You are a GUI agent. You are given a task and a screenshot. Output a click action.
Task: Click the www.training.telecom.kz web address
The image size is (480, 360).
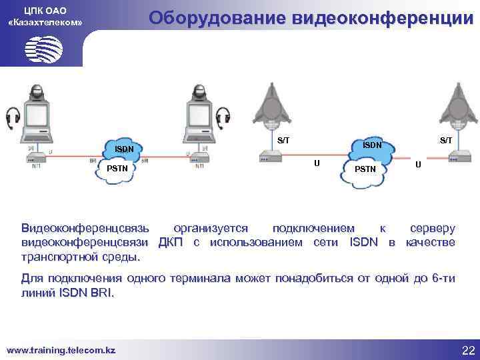(x=60, y=350)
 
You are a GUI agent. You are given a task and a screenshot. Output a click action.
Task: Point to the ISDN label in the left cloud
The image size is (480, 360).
(x=123, y=148)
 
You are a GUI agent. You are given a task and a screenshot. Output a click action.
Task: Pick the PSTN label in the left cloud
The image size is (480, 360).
(x=117, y=168)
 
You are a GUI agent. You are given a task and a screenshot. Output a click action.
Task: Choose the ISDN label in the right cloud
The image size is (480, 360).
(x=372, y=145)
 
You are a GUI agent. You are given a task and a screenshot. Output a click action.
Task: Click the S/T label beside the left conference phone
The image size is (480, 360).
(x=283, y=140)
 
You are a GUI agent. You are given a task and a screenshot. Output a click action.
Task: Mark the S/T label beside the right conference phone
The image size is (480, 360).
(x=445, y=140)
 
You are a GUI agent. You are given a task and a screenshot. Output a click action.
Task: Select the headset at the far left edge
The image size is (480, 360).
(x=11, y=119)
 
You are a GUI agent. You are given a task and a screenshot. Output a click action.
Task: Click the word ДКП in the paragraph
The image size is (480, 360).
(x=172, y=242)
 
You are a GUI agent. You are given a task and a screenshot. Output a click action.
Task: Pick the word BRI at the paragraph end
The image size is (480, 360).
(x=103, y=293)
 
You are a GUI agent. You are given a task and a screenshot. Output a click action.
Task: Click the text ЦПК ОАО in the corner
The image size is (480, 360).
(x=44, y=10)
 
